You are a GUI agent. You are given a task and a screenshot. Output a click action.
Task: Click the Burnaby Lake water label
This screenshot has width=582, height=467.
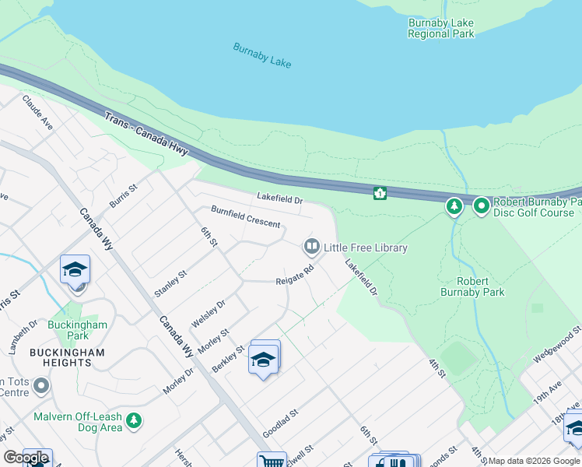[261, 55]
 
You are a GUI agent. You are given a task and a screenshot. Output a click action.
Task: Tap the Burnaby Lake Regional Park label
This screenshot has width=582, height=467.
[441, 28]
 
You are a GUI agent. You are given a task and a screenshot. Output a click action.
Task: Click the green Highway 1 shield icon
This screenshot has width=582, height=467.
[380, 193]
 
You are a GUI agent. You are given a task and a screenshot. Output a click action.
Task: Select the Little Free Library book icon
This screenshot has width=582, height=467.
[311, 248]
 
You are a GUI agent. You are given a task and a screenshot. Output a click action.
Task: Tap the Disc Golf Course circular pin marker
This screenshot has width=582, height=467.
[481, 207]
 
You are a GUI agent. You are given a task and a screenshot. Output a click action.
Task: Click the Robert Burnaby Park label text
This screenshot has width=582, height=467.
[472, 286]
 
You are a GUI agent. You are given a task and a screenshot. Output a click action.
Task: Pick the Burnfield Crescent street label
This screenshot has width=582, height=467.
[245, 217]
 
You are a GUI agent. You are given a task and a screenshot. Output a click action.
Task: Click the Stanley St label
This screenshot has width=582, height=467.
[170, 283]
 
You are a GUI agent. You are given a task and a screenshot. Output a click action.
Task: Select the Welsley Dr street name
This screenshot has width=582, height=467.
[208, 313]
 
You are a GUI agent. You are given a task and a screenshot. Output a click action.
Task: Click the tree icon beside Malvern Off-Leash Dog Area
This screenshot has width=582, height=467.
[134, 421]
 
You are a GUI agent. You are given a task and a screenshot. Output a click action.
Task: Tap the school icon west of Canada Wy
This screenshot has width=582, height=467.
[75, 269]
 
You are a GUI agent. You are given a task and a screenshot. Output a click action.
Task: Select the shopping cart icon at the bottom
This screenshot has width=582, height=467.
[272, 461]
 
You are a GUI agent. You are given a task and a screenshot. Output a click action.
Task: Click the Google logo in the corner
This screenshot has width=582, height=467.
[26, 458]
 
